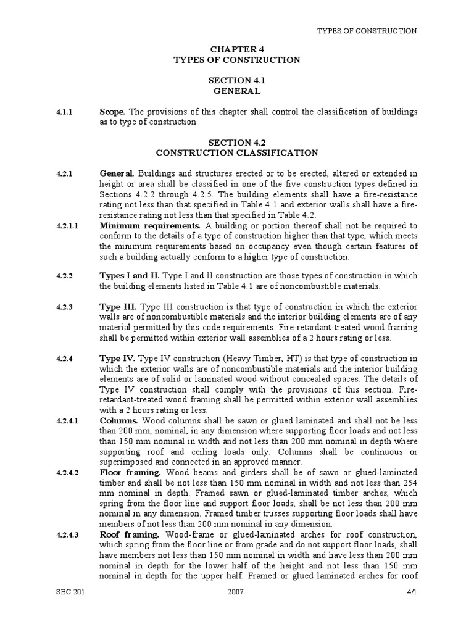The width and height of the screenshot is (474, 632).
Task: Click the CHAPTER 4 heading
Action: [237, 49]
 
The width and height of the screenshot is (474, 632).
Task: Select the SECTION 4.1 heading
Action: [237, 80]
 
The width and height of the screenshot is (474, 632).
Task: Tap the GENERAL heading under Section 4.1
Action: [237, 91]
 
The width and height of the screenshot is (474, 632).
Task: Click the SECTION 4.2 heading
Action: [237, 141]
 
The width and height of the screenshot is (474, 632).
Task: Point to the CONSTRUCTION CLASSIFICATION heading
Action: [237, 152]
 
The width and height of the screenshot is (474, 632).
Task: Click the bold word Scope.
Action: [113, 112]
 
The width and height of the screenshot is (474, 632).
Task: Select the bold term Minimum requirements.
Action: [150, 227]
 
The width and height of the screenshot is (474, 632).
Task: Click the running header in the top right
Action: [367, 30]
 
